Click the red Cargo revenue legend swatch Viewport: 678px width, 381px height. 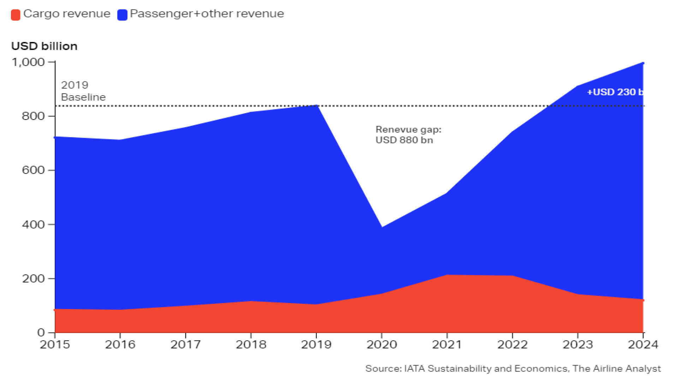(x=16, y=15)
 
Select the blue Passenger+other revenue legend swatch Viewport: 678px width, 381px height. (x=122, y=15)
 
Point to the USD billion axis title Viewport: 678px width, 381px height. (x=44, y=46)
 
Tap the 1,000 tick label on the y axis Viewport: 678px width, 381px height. (x=28, y=62)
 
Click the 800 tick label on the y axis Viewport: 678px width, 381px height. (x=33, y=116)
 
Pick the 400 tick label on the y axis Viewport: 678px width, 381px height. (x=33, y=224)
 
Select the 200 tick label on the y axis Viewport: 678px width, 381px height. (x=33, y=279)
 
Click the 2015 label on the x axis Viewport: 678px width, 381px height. (x=55, y=344)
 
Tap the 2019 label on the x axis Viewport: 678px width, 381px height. (x=316, y=344)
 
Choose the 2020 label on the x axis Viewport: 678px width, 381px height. (x=382, y=344)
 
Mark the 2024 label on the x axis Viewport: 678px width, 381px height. (x=643, y=344)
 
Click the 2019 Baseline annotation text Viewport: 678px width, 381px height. (x=83, y=91)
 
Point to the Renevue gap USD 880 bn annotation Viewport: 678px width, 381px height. (x=408, y=135)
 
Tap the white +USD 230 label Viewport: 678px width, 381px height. (x=614, y=92)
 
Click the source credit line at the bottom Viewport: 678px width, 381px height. (x=513, y=369)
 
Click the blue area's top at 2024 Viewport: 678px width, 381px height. (x=643, y=64)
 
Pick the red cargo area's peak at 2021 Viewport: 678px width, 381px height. (x=447, y=275)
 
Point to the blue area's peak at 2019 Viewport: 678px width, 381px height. (x=316, y=105)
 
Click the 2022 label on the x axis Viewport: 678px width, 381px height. (x=512, y=344)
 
